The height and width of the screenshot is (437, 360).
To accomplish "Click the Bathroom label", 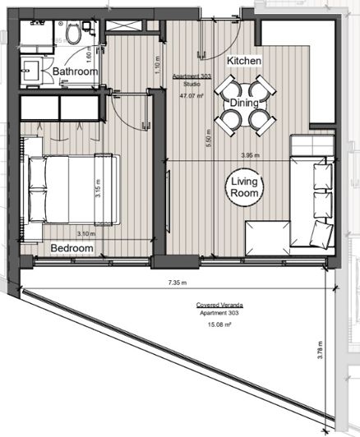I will point(76,72).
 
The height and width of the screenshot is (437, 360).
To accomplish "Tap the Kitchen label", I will point(244,62).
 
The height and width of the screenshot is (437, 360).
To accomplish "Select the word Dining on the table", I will point(246,104).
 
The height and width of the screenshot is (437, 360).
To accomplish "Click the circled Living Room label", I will point(245,187).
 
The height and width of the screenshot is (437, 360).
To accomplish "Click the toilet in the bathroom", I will point(75,34).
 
